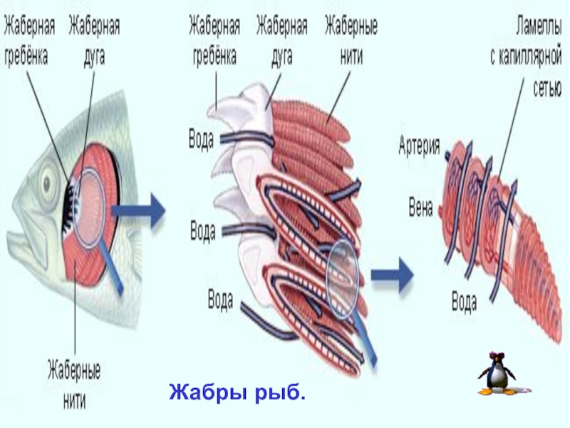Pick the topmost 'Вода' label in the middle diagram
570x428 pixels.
(x=201, y=138)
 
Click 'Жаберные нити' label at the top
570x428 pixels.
(x=351, y=42)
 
